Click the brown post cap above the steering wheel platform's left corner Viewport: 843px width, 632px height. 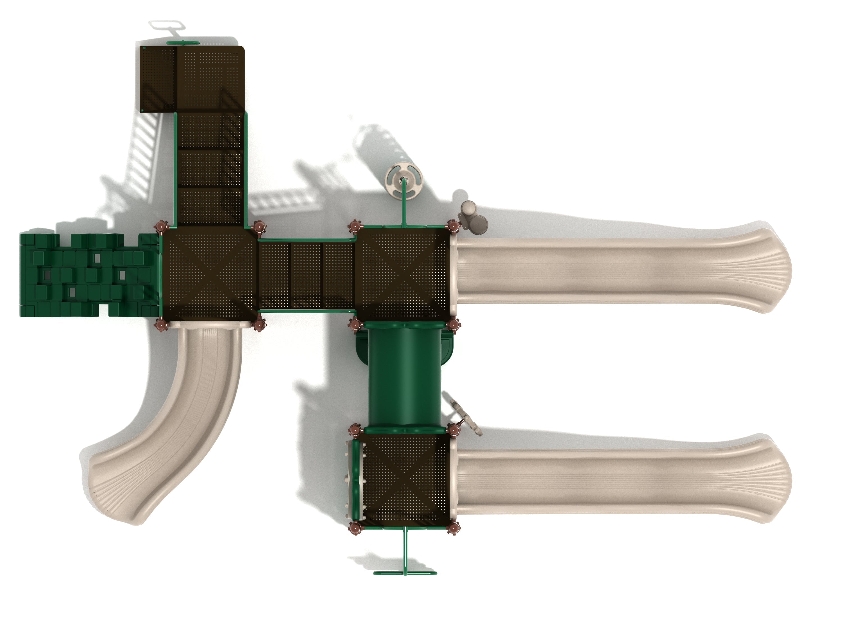(354, 227)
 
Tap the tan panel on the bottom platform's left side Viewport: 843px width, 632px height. (349, 481)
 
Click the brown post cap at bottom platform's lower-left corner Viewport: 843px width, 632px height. (355, 528)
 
